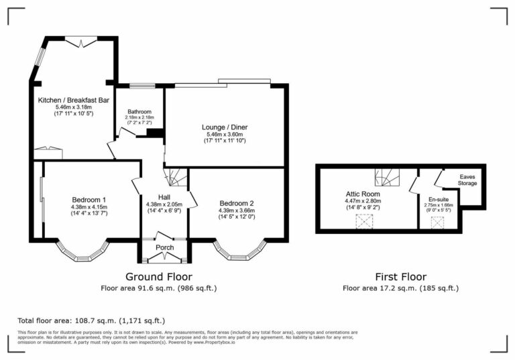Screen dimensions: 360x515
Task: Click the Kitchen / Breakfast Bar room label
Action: pyautogui.click(x=73, y=99)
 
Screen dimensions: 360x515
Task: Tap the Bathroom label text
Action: pyautogui.click(x=140, y=111)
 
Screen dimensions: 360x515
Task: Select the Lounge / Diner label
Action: pyautogui.click(x=226, y=127)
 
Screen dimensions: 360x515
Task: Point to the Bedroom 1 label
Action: pyautogui.click(x=89, y=199)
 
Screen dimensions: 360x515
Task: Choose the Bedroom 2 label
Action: pyautogui.click(x=236, y=203)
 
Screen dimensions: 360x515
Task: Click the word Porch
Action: pyautogui.click(x=165, y=247)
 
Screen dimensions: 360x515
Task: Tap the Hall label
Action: pyautogui.click(x=164, y=196)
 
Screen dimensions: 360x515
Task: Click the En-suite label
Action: pyautogui.click(x=439, y=199)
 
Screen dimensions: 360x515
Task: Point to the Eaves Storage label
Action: pyautogui.click(x=467, y=180)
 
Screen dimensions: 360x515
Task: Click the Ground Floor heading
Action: pyautogui.click(x=159, y=276)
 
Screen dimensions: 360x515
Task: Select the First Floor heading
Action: pyautogui.click(x=400, y=276)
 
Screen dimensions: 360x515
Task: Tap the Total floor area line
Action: pyautogui.click(x=91, y=320)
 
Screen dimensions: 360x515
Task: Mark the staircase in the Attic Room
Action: pyautogui.click(x=388, y=178)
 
